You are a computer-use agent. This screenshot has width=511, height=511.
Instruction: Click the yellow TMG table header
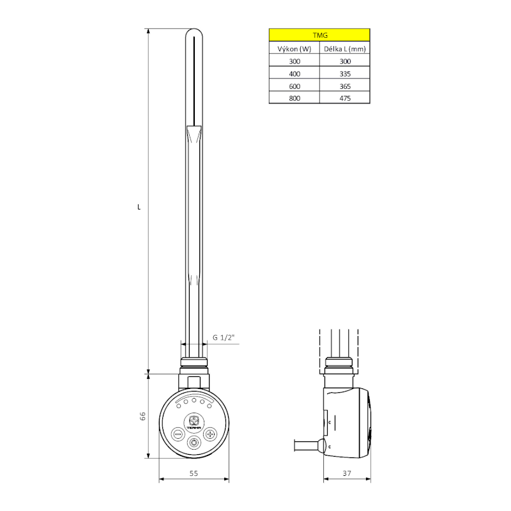319,36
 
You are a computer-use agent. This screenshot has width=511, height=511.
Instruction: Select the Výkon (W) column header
294,49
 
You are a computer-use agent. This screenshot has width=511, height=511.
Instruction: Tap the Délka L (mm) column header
345,49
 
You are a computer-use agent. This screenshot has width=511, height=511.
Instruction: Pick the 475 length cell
345,98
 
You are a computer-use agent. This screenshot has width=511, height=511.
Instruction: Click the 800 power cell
294,98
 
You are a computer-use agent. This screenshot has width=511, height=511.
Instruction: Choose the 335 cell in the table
345,73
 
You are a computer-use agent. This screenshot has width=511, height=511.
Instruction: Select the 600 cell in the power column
294,86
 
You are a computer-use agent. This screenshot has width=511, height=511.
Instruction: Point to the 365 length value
345,86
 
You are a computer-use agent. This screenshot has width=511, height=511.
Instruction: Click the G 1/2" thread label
224,337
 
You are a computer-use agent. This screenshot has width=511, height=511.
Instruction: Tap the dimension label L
139,207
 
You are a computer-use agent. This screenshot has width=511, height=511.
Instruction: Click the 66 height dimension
143,416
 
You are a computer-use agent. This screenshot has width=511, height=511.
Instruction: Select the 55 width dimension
194,473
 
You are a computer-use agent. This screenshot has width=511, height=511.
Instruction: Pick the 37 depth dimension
347,473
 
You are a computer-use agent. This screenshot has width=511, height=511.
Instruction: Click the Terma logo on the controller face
194,422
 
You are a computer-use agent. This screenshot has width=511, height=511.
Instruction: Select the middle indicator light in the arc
194,400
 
